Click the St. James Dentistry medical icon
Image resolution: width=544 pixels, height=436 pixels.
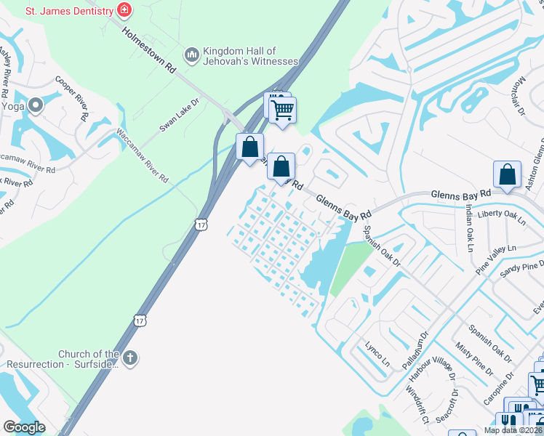click(124, 10)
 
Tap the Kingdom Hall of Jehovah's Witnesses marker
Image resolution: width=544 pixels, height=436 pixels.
click(192, 55)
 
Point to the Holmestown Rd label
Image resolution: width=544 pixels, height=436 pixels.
click(150, 49)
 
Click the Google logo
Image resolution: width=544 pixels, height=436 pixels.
click(24, 427)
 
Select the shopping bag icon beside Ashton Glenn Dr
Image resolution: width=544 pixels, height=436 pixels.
click(507, 174)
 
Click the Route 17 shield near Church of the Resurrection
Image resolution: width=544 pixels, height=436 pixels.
click(140, 320)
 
